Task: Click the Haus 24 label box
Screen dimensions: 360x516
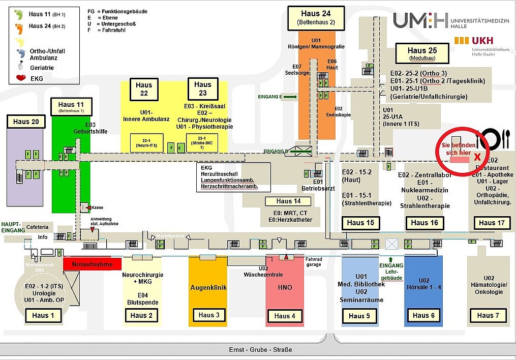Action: pyautogui.click(x=316, y=18)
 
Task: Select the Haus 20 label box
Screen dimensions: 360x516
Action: pyautogui.click(x=26, y=122)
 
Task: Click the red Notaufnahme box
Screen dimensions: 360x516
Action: pyautogui.click(x=92, y=264)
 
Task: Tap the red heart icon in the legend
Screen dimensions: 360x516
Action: pyautogui.click(x=21, y=78)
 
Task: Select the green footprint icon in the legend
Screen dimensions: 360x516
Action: pyautogui.click(x=19, y=14)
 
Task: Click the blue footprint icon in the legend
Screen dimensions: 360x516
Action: pyautogui.click(x=21, y=52)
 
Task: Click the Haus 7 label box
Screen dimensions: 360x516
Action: pyautogui.click(x=484, y=315)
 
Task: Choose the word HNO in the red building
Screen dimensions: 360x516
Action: pyautogui.click(x=285, y=287)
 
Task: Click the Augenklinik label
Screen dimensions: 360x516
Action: pyautogui.click(x=208, y=287)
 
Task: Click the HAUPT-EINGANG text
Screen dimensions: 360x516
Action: pyautogui.click(x=13, y=227)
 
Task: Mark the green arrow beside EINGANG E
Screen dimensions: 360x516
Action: pyautogui.click(x=290, y=96)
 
